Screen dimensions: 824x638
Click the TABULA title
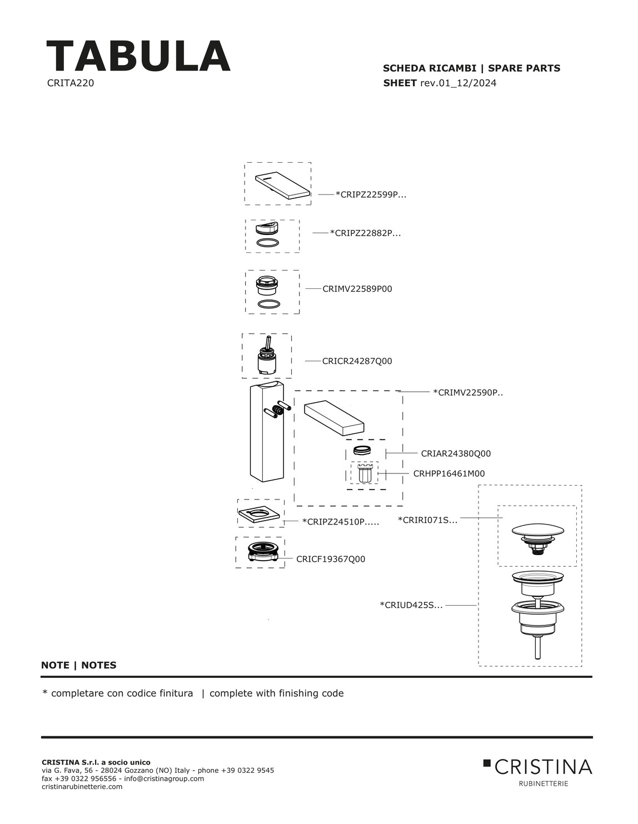click(x=138, y=57)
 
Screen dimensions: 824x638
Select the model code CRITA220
click(x=71, y=83)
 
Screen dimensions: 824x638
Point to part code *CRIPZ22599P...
click(x=371, y=195)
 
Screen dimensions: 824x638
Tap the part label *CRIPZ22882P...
click(x=365, y=233)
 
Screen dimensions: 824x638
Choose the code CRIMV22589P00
click(x=357, y=289)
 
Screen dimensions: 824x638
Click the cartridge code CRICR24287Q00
click(x=357, y=361)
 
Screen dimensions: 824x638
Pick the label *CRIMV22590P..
click(x=467, y=393)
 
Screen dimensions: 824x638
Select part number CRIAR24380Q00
click(x=456, y=454)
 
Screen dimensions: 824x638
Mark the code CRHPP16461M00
click(x=448, y=474)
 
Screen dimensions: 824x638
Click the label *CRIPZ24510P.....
click(x=340, y=522)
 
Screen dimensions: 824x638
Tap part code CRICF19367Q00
click(x=331, y=560)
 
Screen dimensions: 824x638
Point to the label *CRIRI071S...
click(x=427, y=521)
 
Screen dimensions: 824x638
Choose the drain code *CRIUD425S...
click(x=411, y=605)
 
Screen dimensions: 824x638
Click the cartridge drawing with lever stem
click(x=267, y=356)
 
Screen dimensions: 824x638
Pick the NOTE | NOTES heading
click(x=79, y=665)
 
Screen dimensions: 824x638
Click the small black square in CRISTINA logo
click(x=487, y=763)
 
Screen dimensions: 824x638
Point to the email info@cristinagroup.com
click(x=164, y=778)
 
